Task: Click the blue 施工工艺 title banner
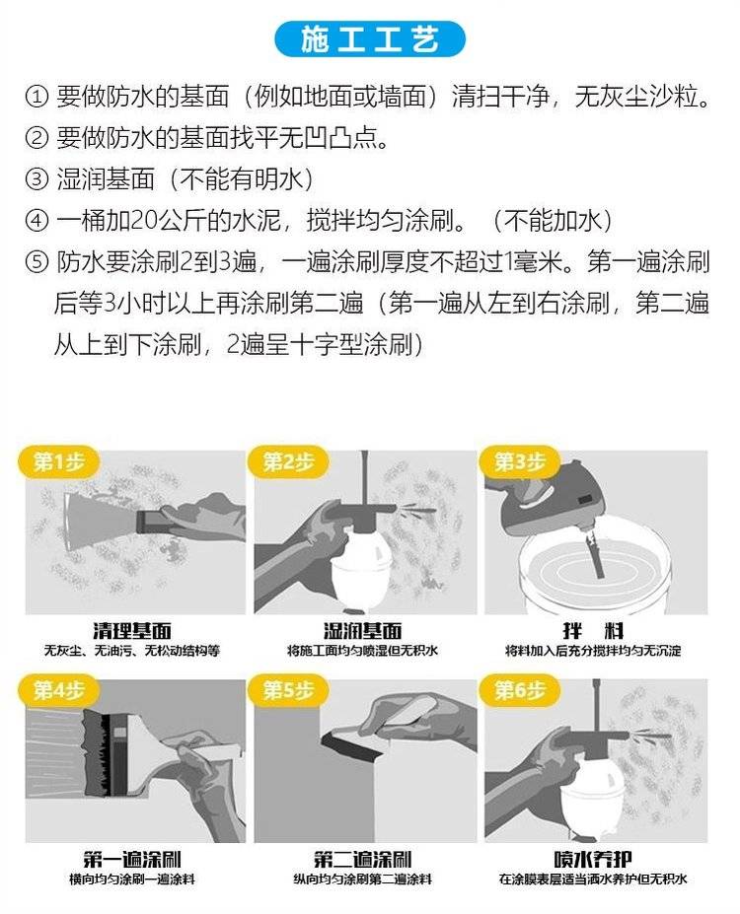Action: tap(370, 39)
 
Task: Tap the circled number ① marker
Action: tap(37, 97)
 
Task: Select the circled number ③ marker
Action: tap(37, 179)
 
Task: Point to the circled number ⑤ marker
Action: tap(37, 261)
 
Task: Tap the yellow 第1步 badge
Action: tap(58, 462)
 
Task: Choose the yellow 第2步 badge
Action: tap(287, 462)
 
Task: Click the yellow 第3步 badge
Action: tap(519, 462)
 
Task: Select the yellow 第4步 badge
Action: tap(58, 691)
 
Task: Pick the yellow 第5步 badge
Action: tap(287, 691)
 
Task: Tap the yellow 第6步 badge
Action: tap(519, 691)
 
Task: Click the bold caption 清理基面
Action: tap(132, 631)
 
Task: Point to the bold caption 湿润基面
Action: tap(363, 631)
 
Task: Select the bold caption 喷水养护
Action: tap(592, 859)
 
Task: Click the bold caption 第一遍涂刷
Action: tap(132, 859)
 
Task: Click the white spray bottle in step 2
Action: tap(361, 568)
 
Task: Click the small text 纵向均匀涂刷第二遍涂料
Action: tap(363, 879)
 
